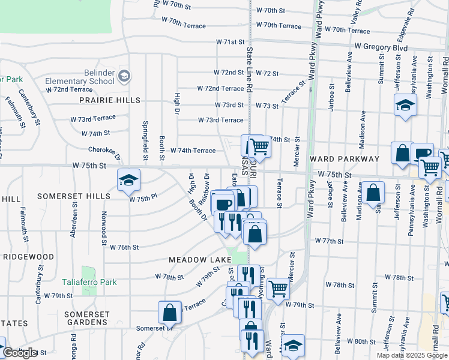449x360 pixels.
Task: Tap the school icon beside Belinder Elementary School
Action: (124, 76)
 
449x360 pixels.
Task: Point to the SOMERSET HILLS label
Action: (74, 196)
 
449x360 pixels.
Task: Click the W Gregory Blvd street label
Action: (381, 47)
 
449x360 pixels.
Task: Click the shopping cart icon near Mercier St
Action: (279, 289)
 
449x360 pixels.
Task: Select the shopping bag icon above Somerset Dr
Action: (170, 312)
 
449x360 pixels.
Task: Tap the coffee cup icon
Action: (223, 204)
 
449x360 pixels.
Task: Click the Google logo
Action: (20, 353)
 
